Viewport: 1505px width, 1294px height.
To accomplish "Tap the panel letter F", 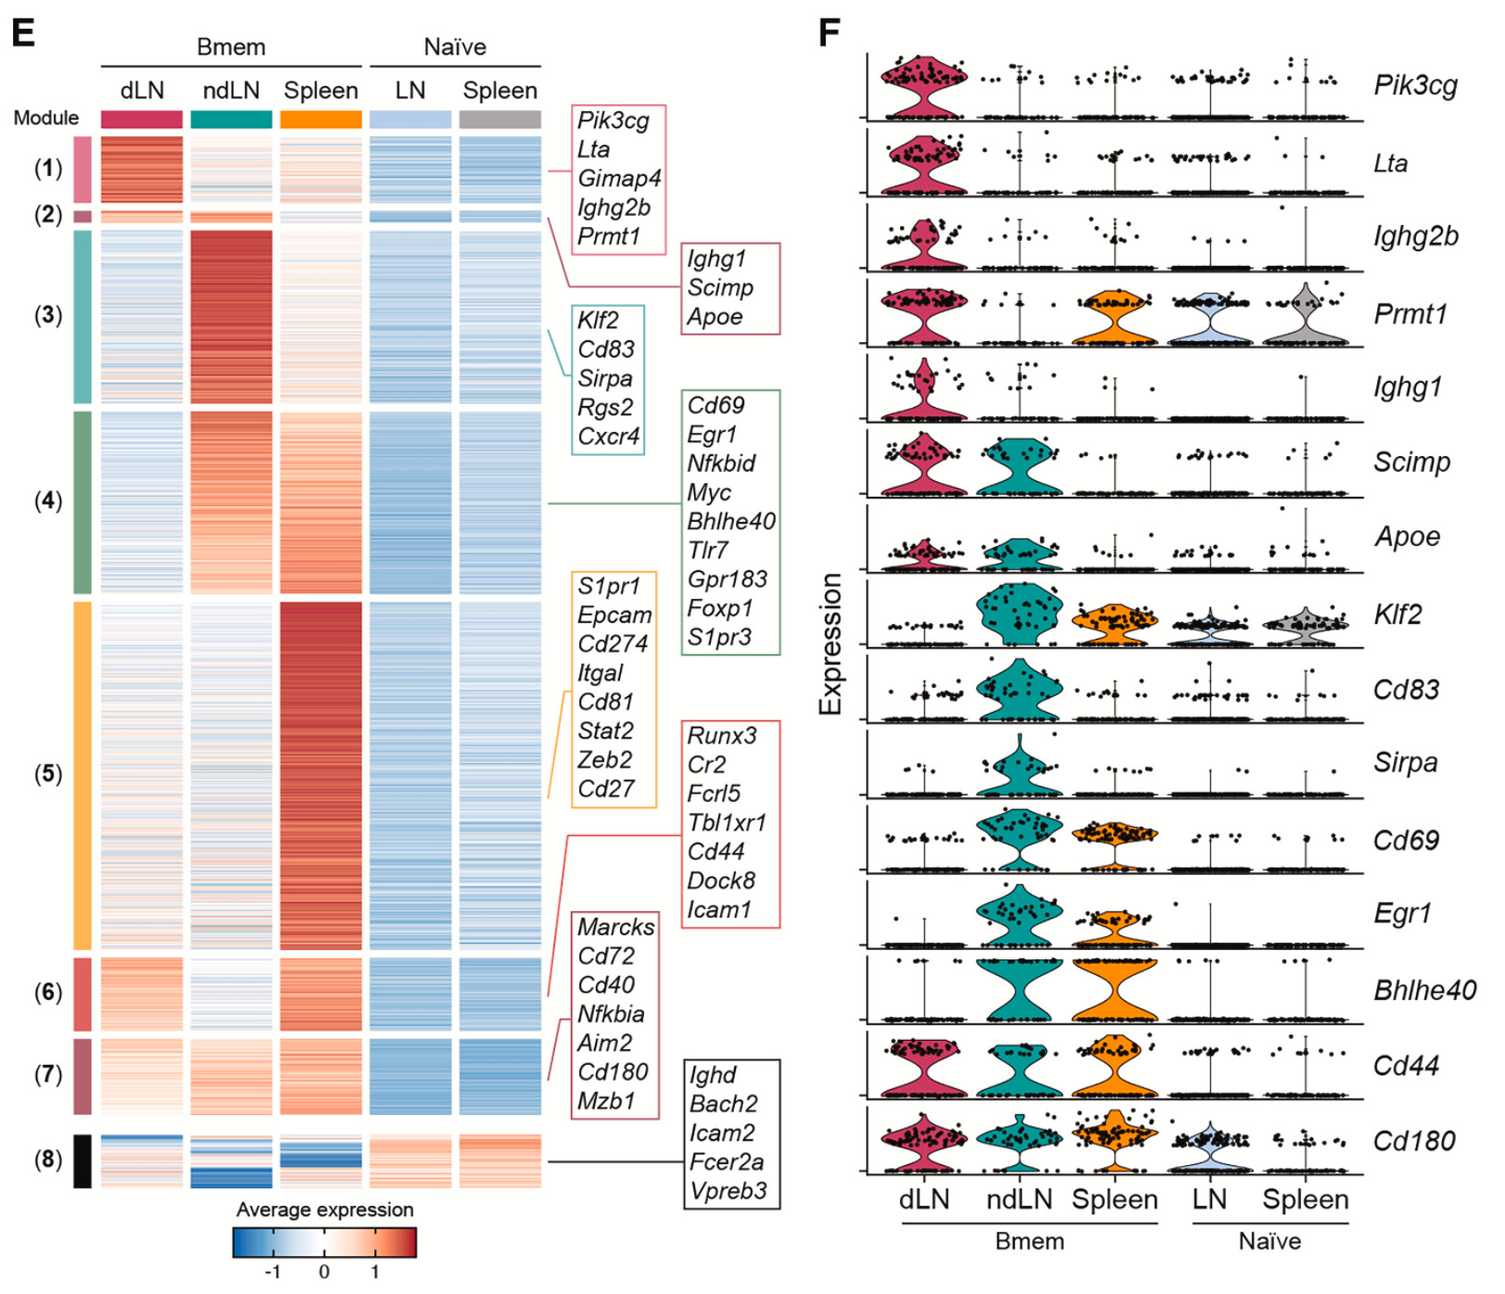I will [828, 32].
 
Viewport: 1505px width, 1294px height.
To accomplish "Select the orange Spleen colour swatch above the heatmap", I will [321, 120].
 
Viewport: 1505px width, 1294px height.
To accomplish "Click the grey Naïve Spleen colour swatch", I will [500, 120].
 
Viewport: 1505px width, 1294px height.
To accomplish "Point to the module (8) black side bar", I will [82, 1161].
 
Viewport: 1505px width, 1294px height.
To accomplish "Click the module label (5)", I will [48, 774].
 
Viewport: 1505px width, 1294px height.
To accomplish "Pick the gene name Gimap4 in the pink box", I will [618, 179].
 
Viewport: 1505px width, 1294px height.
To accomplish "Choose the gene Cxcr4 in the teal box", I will [608, 437].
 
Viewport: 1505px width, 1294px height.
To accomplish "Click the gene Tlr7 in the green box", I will [707, 551].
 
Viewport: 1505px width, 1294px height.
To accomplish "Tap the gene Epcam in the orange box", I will [614, 615].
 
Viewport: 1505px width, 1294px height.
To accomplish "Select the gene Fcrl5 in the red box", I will [714, 793].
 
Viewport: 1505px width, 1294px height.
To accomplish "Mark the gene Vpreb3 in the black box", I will [727, 1191].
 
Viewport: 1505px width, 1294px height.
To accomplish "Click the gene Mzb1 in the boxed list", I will [606, 1101].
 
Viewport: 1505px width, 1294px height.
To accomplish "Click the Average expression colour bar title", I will [324, 1210].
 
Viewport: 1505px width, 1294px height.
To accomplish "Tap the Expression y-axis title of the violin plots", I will [830, 644].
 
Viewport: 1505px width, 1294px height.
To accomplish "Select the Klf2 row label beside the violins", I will [1397, 615].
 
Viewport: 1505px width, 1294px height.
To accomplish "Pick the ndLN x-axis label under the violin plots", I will [1019, 1199].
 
